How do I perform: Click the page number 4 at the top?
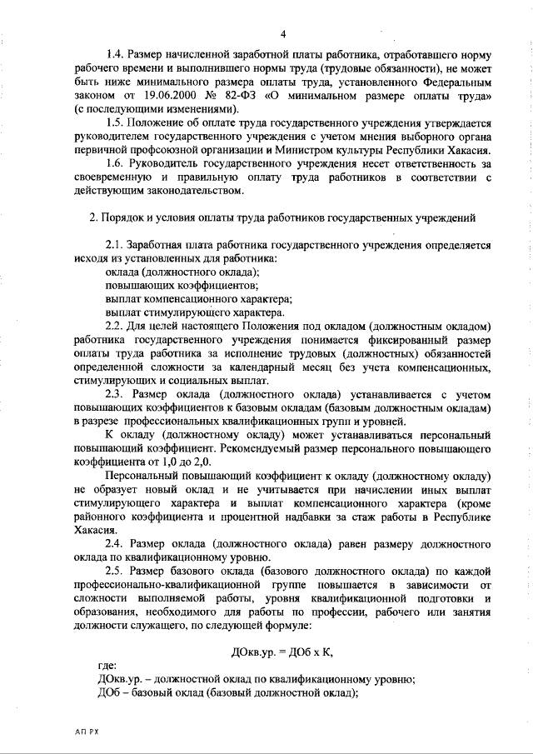283,33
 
